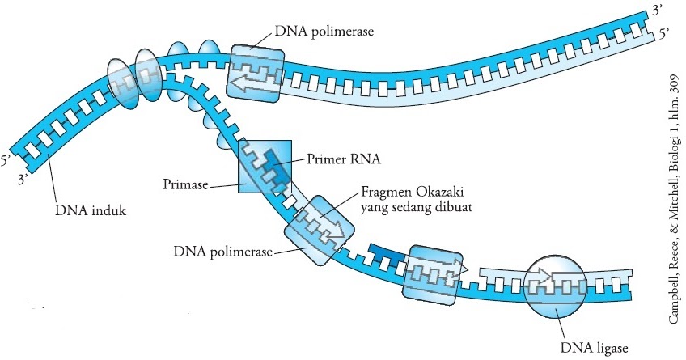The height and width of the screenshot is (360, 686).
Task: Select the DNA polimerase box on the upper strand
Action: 254,74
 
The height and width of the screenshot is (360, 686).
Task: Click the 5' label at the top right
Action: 665,33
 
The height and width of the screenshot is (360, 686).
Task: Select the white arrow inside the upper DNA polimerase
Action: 252,79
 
